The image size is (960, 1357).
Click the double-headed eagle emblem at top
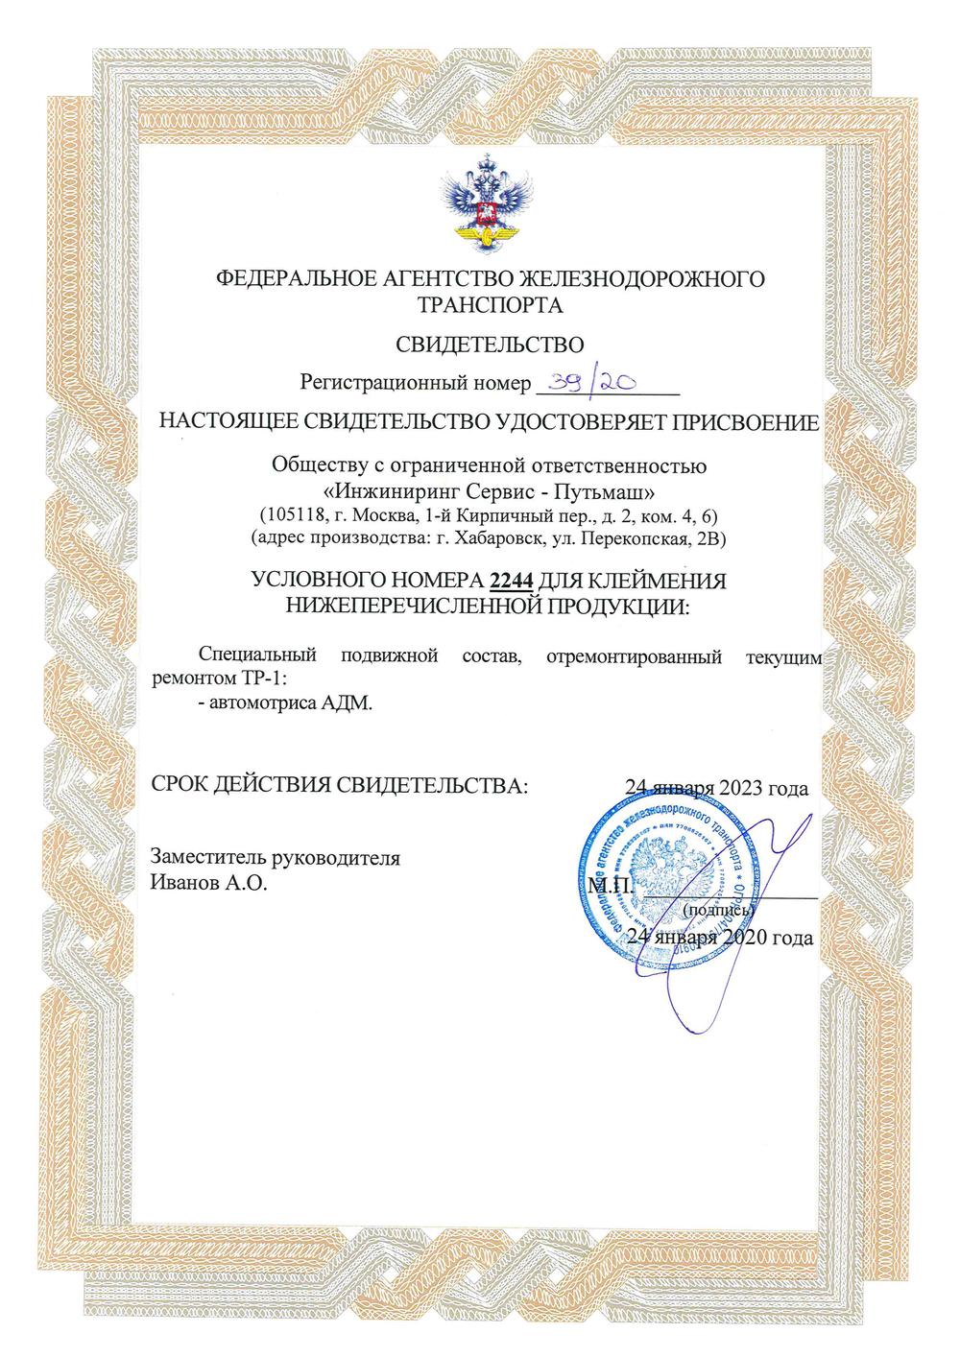click(x=490, y=204)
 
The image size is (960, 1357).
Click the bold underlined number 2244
click(x=511, y=581)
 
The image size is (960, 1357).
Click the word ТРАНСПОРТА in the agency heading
click(x=490, y=305)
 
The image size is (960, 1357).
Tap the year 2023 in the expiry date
click(x=738, y=788)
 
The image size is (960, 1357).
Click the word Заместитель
click(x=207, y=858)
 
